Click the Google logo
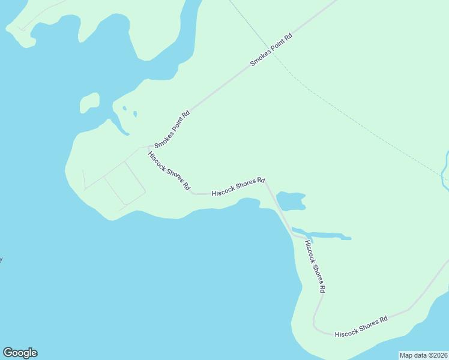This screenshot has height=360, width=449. [x=20, y=353]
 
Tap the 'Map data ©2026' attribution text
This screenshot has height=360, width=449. [x=423, y=355]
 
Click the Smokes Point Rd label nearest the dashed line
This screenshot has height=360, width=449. [x=271, y=49]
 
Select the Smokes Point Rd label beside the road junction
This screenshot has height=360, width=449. [x=172, y=129]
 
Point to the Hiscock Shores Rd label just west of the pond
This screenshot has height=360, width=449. [x=238, y=186]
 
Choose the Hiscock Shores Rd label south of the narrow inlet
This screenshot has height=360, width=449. [x=315, y=266]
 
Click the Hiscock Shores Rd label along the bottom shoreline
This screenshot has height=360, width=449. [x=361, y=326]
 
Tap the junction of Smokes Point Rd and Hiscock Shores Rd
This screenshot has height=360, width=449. [x=149, y=146]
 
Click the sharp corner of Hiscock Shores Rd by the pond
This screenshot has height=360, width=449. [x=265, y=179]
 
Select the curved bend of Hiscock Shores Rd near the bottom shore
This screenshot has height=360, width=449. [x=315, y=324]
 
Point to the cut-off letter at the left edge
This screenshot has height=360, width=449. [x=1, y=259]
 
